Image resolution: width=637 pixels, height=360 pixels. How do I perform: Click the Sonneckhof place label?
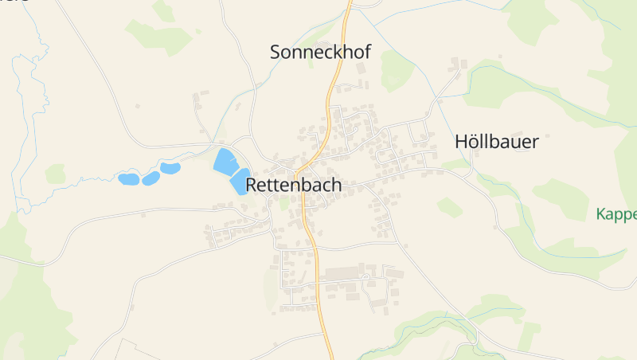click(x=320, y=53)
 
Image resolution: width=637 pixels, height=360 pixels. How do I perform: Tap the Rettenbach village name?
click(x=294, y=185)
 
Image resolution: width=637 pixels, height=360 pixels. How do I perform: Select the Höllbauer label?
click(x=497, y=143)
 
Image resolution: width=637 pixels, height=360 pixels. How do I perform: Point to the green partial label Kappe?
click(x=616, y=214)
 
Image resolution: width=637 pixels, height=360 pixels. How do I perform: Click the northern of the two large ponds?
click(x=225, y=161)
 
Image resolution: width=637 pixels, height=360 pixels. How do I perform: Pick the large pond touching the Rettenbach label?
click(x=240, y=182)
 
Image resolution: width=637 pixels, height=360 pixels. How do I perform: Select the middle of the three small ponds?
click(x=150, y=178)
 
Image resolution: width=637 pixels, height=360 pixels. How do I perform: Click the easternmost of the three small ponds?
click(x=170, y=168)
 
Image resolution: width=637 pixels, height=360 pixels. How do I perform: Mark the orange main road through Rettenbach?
click(x=315, y=247)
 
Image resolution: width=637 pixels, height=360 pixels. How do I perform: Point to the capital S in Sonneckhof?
click(x=276, y=53)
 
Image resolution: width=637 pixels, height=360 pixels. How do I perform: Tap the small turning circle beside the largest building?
click(x=369, y=283)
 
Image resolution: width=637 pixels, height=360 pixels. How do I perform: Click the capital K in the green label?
click(x=600, y=214)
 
